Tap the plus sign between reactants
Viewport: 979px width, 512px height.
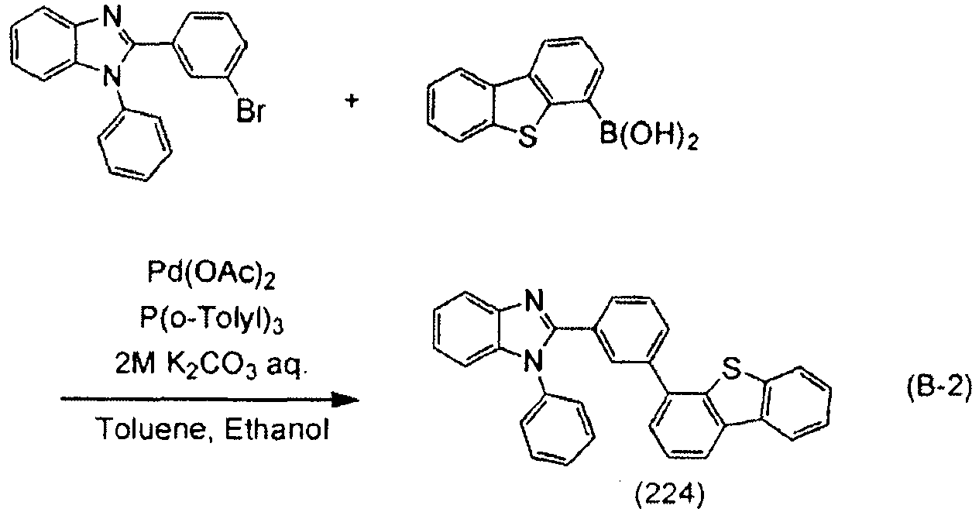352,101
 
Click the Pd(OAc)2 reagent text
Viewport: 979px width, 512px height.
211,273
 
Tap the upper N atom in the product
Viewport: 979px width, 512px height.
534,301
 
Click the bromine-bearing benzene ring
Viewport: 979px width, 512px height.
209,45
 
